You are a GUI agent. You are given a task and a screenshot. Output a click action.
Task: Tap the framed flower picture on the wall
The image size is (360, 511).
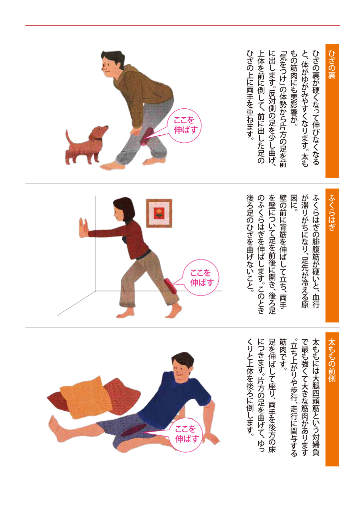pyautogui.click(x=159, y=213)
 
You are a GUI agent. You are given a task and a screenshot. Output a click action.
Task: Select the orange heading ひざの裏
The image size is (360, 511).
pyautogui.click(x=332, y=111)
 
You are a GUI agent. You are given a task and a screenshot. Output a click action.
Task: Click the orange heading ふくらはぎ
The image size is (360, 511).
pyautogui.click(x=332, y=255)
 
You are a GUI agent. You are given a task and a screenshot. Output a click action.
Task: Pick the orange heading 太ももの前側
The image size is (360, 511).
pyautogui.click(x=332, y=399)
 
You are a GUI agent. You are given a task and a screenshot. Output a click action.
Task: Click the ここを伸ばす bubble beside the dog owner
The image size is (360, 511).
pyautogui.click(x=185, y=125)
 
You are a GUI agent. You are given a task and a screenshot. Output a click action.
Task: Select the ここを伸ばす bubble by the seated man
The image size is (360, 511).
pyautogui.click(x=186, y=434)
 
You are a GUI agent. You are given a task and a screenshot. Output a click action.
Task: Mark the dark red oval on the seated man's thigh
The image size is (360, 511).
pyautogui.click(x=133, y=431)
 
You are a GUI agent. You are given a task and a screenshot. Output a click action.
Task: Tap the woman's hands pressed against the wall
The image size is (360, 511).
pyautogui.click(x=83, y=229)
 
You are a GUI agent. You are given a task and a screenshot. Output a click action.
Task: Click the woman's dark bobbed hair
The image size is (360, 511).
pyautogui.click(x=125, y=209)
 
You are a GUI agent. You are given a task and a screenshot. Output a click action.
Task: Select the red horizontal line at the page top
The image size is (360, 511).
pyautogui.click(x=182, y=25)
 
